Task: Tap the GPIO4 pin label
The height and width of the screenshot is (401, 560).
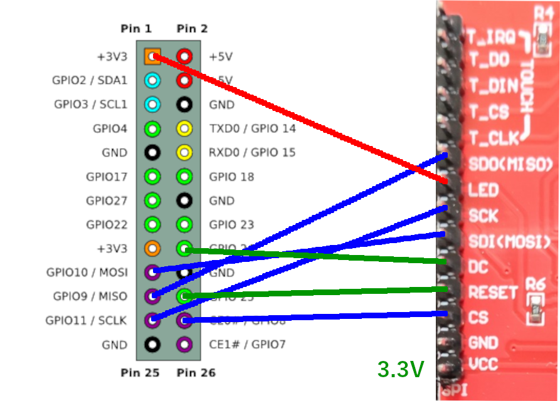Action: click(110, 129)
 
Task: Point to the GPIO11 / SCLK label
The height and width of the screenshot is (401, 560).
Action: click(86, 320)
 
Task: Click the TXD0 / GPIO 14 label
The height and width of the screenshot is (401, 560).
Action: click(252, 129)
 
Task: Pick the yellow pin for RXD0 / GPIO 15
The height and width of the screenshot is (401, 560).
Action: click(184, 153)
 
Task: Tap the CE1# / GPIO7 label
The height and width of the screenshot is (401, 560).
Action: click(247, 344)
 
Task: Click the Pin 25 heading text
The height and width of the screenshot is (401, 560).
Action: click(140, 373)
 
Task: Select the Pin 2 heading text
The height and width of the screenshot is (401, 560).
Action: click(192, 29)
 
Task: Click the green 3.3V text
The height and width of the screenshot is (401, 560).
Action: click(400, 369)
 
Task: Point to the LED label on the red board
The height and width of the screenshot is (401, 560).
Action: click(483, 190)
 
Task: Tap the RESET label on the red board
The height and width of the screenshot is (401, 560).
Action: click(494, 293)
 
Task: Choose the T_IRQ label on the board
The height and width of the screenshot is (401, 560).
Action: click(490, 38)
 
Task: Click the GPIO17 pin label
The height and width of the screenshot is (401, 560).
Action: click(107, 177)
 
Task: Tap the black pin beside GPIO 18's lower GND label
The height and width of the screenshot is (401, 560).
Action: click(184, 200)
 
